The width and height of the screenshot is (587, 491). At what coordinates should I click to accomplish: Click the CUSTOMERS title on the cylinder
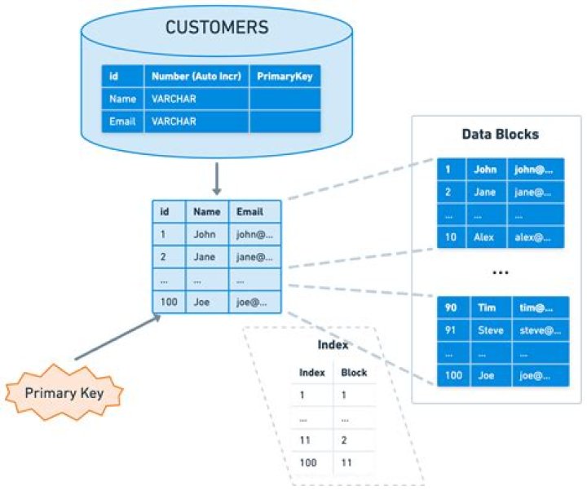[216, 27]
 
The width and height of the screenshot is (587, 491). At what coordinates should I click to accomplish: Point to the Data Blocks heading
[500, 134]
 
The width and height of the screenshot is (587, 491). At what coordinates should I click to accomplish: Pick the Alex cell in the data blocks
[485, 237]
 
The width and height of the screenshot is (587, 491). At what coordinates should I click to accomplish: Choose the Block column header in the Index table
[354, 373]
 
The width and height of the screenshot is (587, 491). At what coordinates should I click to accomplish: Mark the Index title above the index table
[333, 345]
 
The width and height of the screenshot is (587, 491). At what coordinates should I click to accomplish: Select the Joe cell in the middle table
[204, 303]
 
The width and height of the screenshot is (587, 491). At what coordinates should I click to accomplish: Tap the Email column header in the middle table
[249, 211]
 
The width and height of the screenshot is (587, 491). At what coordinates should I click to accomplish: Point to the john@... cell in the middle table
[254, 234]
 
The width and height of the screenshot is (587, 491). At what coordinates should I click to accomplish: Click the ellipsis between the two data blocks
[500, 271]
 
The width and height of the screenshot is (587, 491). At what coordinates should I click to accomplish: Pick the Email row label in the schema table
[121, 122]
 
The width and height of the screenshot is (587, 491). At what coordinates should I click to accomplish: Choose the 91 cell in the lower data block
[451, 330]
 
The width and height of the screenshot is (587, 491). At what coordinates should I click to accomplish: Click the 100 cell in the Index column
[307, 462]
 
